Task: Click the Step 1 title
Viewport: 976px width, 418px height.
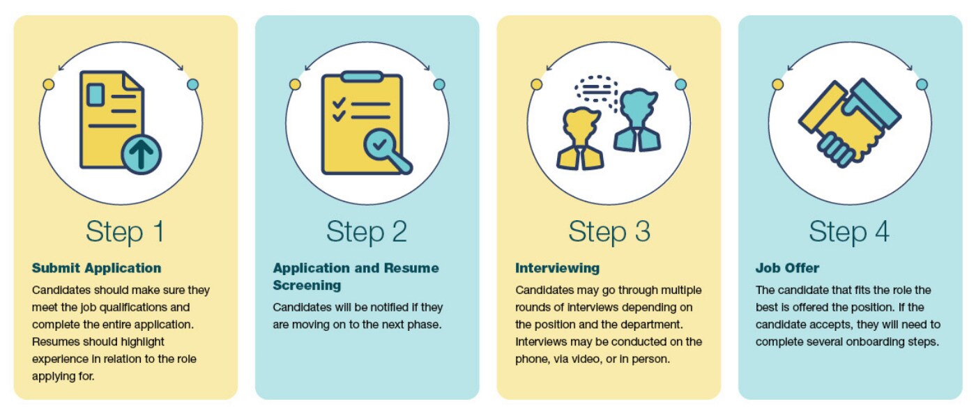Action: (125, 232)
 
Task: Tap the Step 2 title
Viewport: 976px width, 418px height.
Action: (366, 232)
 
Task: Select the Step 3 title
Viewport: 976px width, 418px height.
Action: (609, 232)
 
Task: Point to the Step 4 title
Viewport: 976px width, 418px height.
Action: (849, 232)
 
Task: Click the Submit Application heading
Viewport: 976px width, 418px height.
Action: (96, 268)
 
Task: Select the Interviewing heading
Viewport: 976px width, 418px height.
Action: (557, 268)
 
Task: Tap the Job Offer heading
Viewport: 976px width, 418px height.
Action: (787, 268)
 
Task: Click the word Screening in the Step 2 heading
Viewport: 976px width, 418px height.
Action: (307, 286)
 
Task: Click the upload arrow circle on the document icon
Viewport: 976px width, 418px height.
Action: (142, 154)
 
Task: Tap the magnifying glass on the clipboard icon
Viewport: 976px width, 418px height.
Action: (383, 146)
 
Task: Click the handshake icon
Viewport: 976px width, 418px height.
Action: (849, 123)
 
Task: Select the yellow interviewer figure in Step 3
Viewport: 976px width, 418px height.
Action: (579, 140)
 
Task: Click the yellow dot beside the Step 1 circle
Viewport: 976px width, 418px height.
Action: (48, 84)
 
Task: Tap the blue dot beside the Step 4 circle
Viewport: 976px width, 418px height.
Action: (922, 84)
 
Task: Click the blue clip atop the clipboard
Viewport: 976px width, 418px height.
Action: (362, 76)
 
